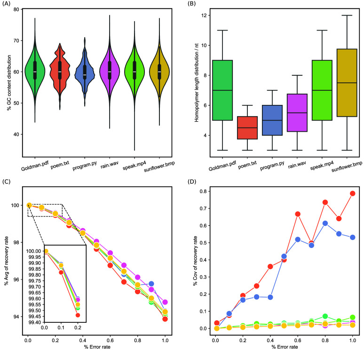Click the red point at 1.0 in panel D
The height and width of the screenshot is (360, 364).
352,193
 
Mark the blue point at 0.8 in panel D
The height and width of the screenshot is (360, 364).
325,223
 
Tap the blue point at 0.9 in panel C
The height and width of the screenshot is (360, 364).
151,284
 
